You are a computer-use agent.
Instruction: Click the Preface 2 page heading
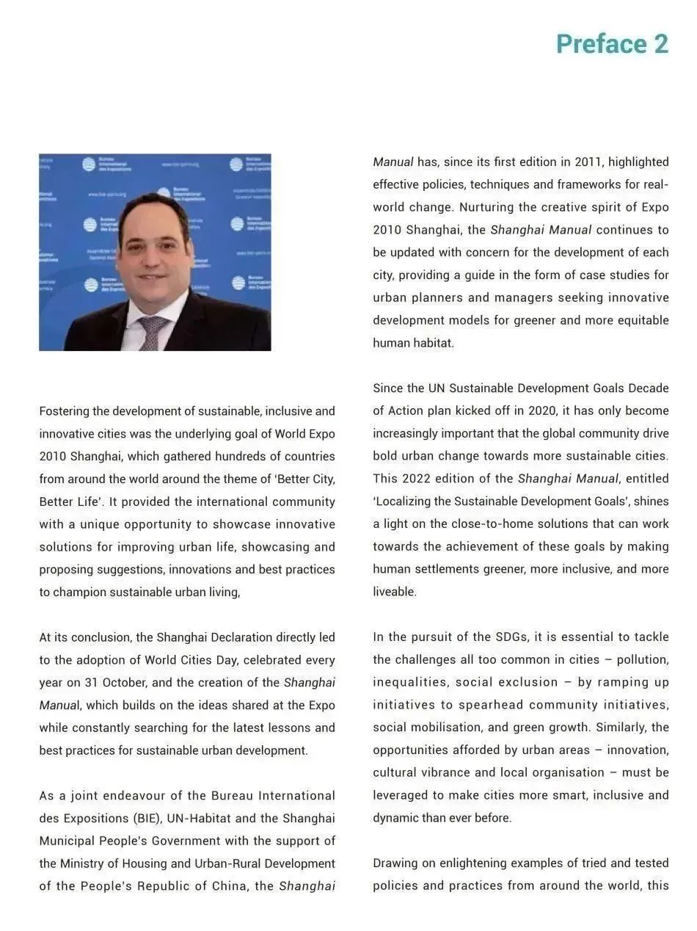point(612,44)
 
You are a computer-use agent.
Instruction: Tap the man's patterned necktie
point(153,332)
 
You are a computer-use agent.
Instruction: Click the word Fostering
point(63,411)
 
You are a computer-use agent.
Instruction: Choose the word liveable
point(394,592)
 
